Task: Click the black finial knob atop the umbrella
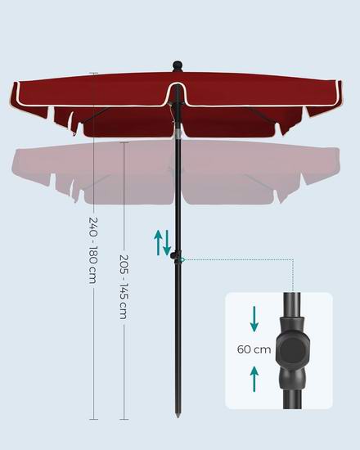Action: point(178,66)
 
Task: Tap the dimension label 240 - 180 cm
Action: point(93,250)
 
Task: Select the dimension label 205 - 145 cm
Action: point(124,287)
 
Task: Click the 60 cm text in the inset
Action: point(254,349)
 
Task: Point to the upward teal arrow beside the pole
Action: point(158,243)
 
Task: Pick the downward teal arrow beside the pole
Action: point(167,243)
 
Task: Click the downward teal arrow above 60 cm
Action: point(254,319)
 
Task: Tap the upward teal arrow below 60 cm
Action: point(254,379)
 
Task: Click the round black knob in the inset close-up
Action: point(291,350)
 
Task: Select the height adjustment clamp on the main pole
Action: point(175,255)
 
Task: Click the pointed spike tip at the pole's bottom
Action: point(178,416)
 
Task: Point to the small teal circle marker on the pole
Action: point(182,259)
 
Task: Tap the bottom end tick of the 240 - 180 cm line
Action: point(93,419)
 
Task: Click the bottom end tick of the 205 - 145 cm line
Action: point(124,419)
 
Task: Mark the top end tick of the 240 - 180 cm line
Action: point(93,74)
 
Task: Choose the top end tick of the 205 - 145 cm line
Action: point(124,142)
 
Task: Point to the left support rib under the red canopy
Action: point(97,115)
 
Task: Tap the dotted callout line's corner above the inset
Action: point(293,259)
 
